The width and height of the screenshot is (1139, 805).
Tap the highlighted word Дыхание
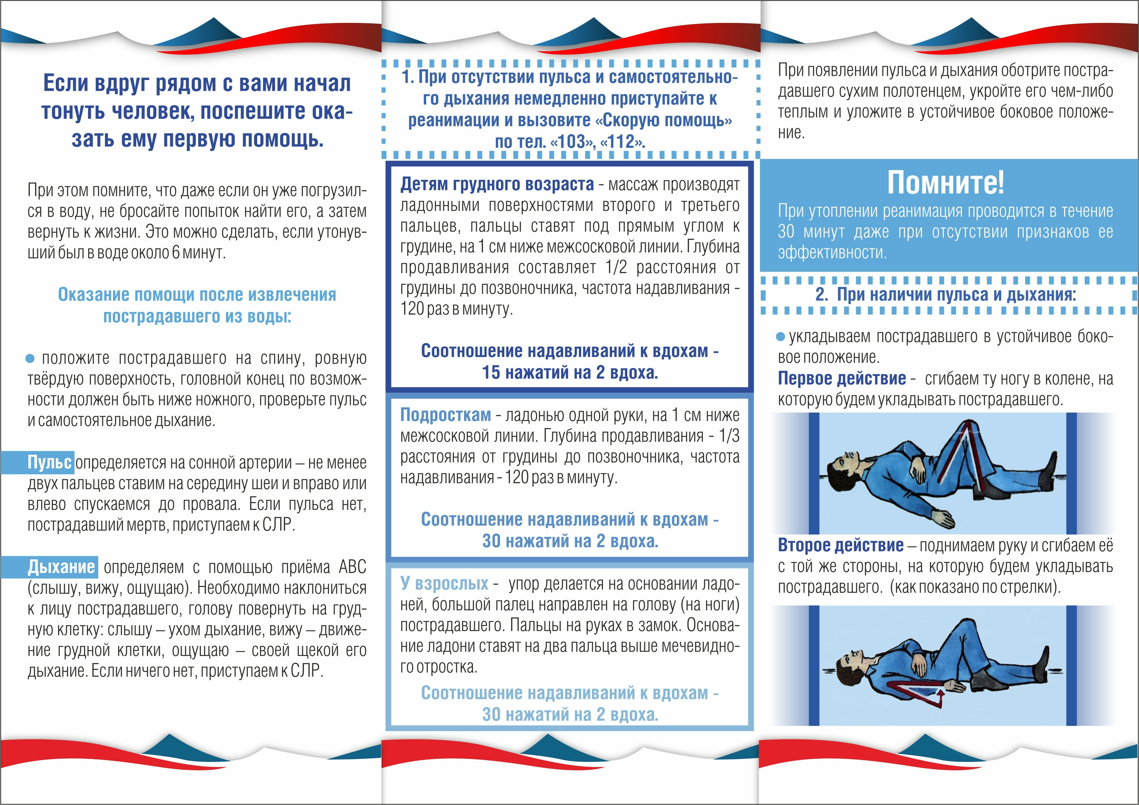(61, 566)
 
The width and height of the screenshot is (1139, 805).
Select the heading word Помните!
(945, 182)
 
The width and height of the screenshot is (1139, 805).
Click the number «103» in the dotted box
(572, 142)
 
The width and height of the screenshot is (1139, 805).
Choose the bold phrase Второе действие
(840, 545)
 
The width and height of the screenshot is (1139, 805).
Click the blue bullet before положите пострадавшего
(30, 358)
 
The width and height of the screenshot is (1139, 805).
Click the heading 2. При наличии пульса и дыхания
(945, 295)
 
